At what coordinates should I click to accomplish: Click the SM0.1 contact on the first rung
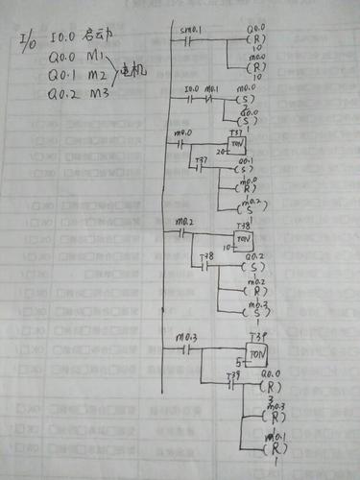189,44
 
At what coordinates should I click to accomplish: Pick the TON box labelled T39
256,352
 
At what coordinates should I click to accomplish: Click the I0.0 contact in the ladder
191,97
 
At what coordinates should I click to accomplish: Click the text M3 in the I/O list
99,96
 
